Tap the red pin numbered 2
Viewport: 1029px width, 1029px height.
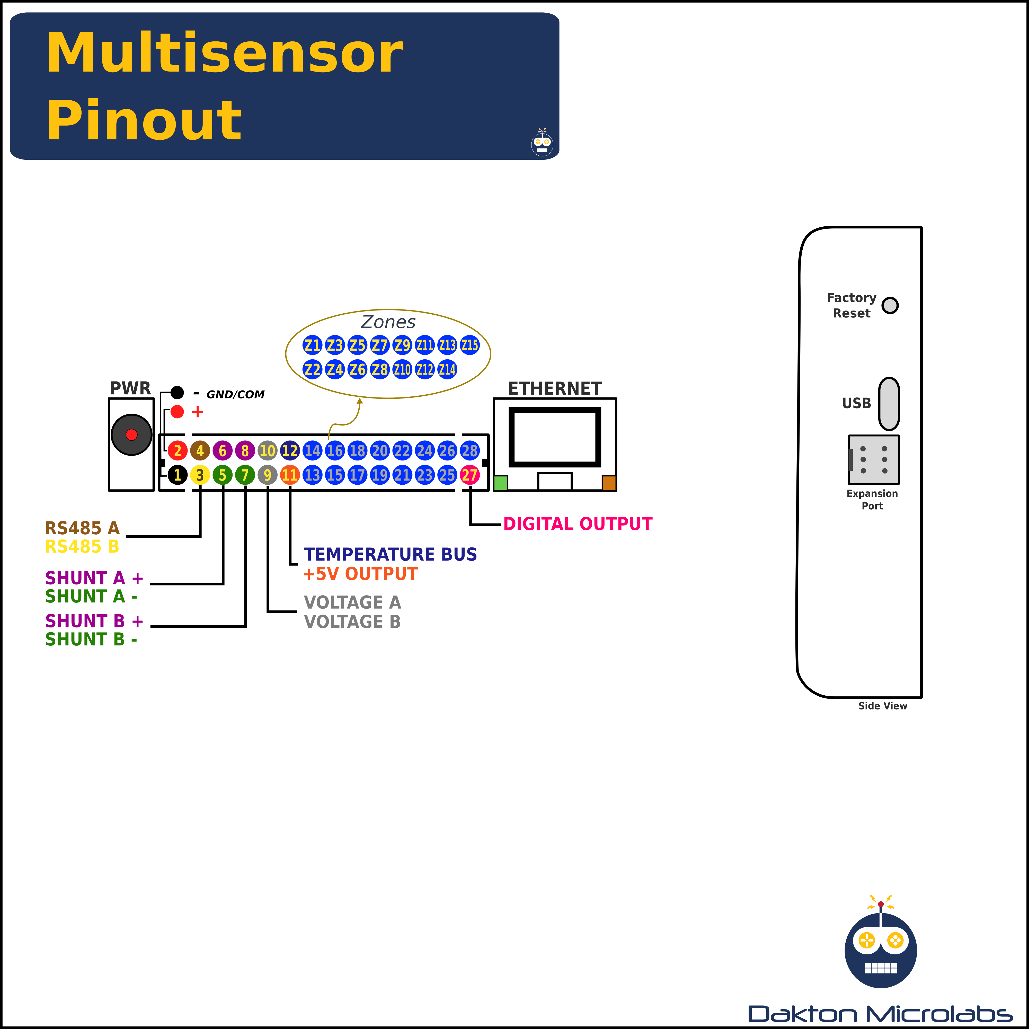(x=177, y=451)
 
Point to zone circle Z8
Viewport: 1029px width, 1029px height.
(x=380, y=369)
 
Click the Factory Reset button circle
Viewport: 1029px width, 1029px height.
(x=890, y=305)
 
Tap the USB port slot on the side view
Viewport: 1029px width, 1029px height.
(x=889, y=404)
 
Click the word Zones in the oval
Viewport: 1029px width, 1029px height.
(x=388, y=322)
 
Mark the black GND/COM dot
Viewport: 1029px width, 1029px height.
(x=177, y=393)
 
